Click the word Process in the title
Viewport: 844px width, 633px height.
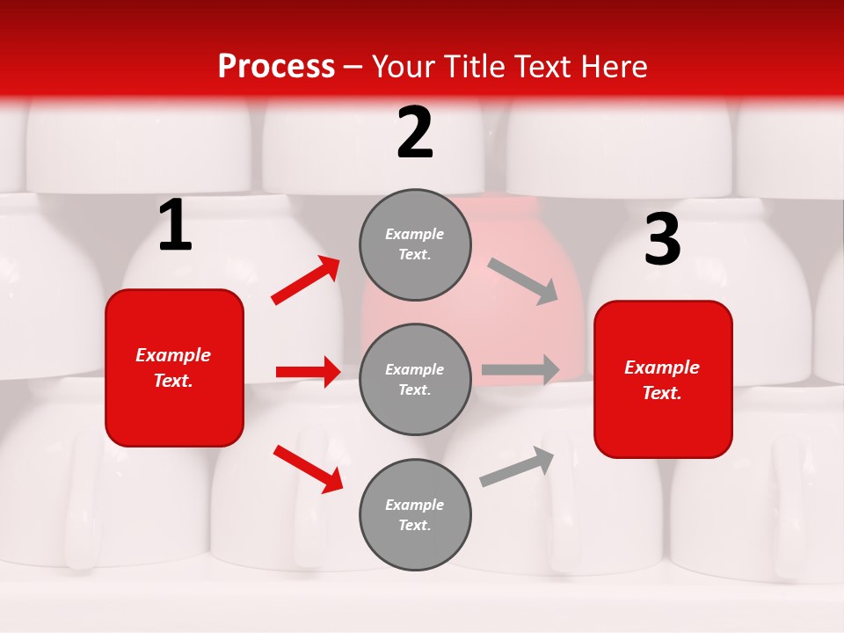point(276,67)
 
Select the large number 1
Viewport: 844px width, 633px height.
point(175,226)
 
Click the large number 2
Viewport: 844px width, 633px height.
point(415,133)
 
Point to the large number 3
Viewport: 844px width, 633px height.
point(662,240)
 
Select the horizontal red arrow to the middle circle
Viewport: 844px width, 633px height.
point(308,372)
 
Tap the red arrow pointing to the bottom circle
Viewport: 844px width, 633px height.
point(309,469)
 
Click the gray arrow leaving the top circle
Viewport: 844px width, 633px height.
point(523,281)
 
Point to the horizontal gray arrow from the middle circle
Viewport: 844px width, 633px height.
point(520,369)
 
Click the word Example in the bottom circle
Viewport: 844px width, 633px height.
point(415,505)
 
